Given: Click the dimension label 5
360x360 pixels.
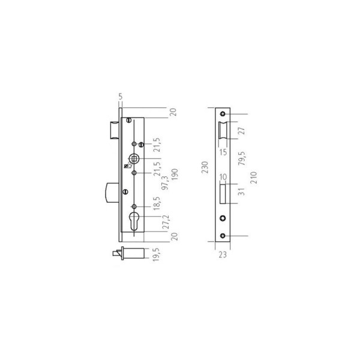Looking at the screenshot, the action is tap(121, 97).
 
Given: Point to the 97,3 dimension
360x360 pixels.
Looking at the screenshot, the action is tap(164, 183).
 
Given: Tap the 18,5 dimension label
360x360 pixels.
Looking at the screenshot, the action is tap(157, 203).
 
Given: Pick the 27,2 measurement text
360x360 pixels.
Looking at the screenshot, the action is tap(166, 222).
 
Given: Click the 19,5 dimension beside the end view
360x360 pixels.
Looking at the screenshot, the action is tap(156, 254).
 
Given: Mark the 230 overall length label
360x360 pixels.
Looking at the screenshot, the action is tap(205, 167).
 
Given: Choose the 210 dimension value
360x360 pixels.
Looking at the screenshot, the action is tap(253, 178).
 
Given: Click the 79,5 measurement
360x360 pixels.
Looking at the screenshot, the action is tap(242, 158).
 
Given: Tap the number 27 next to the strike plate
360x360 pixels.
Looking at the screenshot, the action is tap(242, 131).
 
